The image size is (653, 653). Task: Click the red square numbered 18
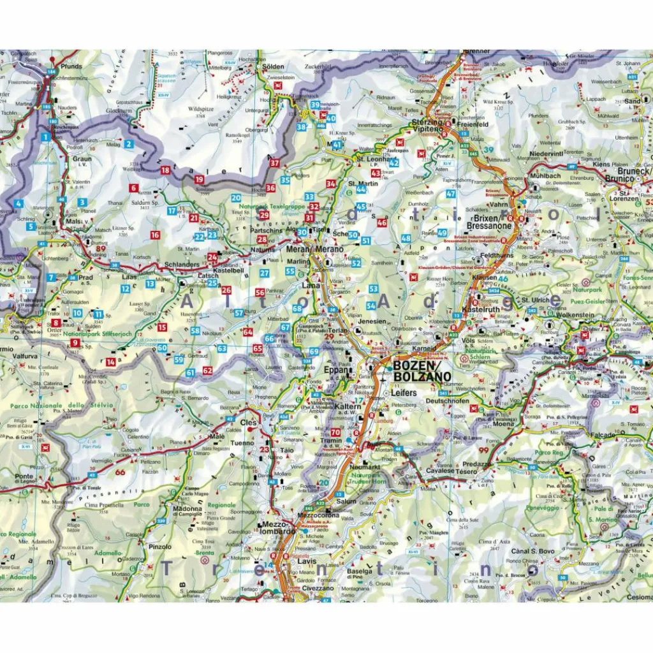[x=165, y=170]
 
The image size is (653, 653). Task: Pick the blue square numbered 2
[x=129, y=144]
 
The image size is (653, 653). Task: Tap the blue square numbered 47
[x=451, y=194]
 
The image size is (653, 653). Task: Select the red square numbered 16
[x=155, y=235]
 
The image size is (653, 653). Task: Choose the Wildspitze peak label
[x=201, y=109]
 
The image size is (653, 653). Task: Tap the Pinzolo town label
[x=160, y=547]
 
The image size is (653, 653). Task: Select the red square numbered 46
[x=382, y=223]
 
